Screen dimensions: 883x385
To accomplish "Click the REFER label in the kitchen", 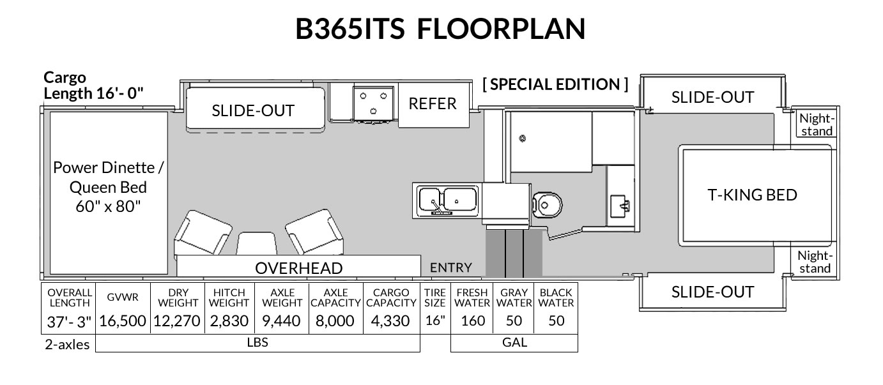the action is coord(433,104).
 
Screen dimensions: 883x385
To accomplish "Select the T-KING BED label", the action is coord(752,195).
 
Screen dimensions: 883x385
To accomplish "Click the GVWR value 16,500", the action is coord(123,321).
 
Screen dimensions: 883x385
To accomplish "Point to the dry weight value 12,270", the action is coord(177,321).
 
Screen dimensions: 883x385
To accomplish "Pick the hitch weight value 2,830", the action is coord(229,321).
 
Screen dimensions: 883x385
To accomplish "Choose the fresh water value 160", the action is coord(473,321).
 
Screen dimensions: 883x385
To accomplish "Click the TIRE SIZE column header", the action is coord(435,298).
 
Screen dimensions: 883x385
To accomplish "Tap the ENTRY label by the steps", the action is coord(451,268).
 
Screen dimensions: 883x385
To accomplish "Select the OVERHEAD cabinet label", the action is coord(299,268).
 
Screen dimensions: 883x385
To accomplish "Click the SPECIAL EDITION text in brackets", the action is coord(555,84).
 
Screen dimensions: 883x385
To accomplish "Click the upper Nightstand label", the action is coord(817,125).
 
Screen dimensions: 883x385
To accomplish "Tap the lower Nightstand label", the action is coord(815,262).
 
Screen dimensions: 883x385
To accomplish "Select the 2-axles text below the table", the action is coord(68,345).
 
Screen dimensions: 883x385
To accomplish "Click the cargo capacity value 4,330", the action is coord(390,321).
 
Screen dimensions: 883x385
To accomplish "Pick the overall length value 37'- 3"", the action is coord(69,322).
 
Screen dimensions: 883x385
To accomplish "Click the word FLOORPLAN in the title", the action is coord(501,29).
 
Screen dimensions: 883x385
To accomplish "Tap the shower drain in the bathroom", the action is coord(522,139).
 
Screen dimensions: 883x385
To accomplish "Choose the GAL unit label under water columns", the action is coord(514,342).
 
